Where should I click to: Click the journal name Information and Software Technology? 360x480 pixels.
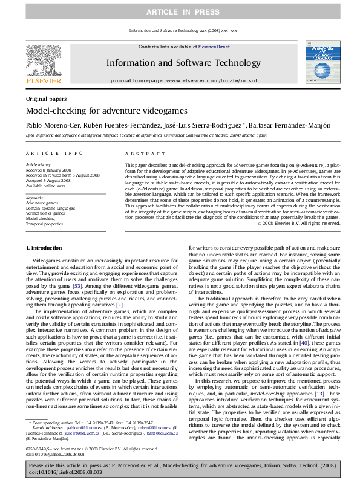tap(180, 62)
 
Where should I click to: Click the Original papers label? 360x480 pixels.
tap(46, 99)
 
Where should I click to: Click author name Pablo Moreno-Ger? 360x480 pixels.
tap(51, 125)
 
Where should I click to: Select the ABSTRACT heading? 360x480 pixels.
tap(140, 155)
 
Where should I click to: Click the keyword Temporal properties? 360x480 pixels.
tap(44, 224)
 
